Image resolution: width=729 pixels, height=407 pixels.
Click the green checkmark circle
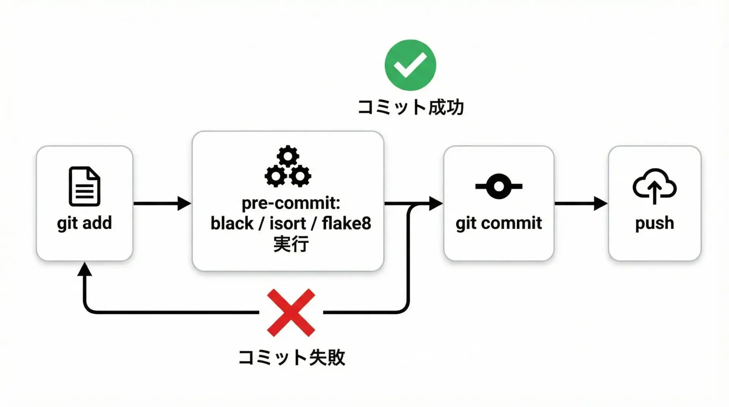tap(410, 65)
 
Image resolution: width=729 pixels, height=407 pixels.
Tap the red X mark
tap(291, 312)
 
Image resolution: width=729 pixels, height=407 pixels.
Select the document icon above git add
tap(84, 186)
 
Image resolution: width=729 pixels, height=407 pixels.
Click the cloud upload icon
tap(654, 186)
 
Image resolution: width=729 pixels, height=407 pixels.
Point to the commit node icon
tap(499, 186)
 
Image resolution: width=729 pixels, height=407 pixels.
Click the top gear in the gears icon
tap(288, 156)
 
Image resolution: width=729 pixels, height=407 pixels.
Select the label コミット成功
tap(411, 107)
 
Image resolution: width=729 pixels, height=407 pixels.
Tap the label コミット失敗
tap(292, 357)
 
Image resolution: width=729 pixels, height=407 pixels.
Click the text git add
tap(84, 223)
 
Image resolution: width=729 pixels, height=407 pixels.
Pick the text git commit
tap(499, 223)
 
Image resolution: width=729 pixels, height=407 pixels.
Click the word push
tap(655, 223)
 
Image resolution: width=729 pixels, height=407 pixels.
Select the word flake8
tap(346, 223)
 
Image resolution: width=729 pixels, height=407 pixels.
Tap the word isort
tap(287, 223)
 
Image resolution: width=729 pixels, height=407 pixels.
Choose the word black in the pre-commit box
tap(232, 223)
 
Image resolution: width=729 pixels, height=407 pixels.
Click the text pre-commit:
tap(291, 203)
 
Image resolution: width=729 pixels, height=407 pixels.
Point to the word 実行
tap(291, 243)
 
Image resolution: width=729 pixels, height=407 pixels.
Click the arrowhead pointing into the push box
tap(601, 204)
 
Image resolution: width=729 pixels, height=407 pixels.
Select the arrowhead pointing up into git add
tap(84, 269)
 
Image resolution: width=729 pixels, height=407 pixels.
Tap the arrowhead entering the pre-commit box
tap(184, 204)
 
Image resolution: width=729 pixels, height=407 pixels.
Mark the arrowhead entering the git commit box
tap(436, 204)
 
